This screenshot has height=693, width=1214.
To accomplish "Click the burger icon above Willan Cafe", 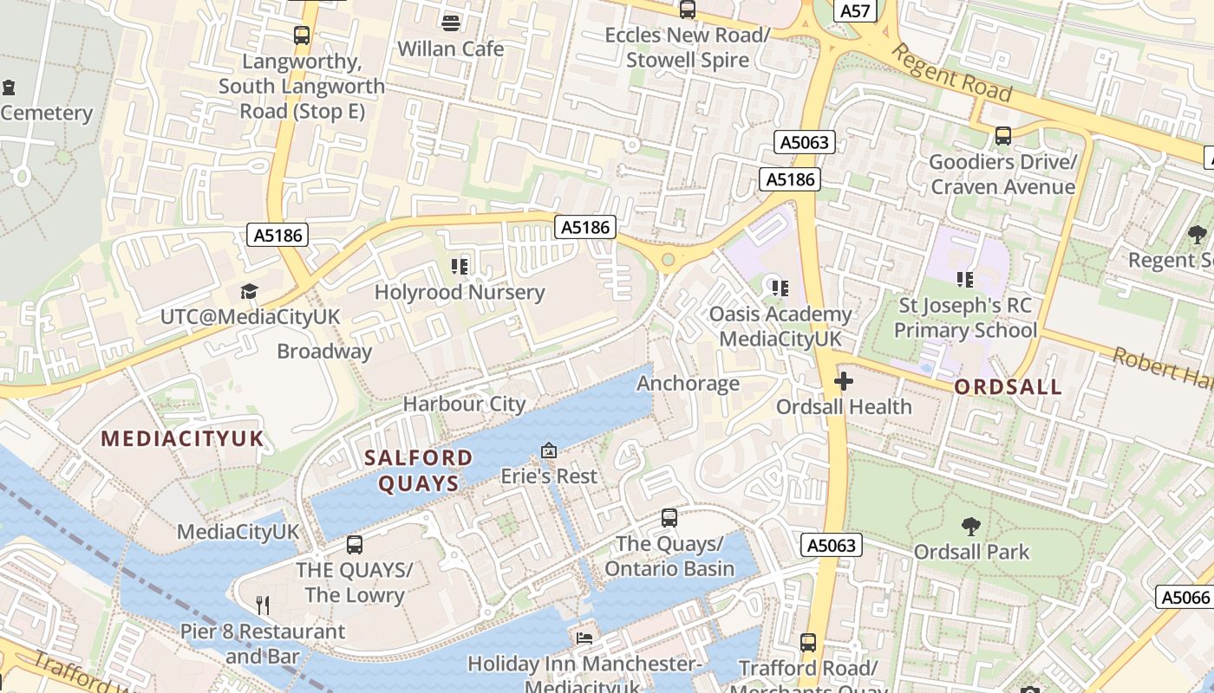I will tap(450, 22).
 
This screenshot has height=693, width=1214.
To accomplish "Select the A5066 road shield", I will tap(1185, 597).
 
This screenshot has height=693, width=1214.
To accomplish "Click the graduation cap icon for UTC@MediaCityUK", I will tap(250, 291).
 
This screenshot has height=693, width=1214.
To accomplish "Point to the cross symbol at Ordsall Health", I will tap(843, 381).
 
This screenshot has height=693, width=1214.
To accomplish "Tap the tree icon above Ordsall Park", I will tap(971, 526).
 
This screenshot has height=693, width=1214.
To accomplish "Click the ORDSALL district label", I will tap(1008, 386).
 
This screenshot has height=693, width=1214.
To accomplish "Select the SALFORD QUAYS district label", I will tap(419, 470).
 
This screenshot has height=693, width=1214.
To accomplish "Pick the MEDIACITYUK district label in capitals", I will tap(182, 438).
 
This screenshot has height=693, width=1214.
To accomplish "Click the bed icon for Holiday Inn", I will tap(584, 638).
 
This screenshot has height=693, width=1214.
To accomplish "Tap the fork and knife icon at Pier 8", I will tap(262, 606).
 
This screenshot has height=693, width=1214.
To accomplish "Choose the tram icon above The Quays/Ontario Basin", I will tap(669, 518).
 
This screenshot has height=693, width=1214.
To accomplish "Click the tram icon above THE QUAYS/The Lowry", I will tap(354, 544).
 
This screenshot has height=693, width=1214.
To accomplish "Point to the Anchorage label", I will tap(689, 383).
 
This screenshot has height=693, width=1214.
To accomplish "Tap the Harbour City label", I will tap(464, 404).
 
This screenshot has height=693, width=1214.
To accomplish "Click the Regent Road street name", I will tap(951, 73).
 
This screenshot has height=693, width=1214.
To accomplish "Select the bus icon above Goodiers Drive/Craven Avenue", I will tap(1003, 136).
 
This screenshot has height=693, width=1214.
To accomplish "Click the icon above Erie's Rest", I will tap(549, 450).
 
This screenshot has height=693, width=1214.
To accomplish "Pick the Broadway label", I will tap(324, 351).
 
